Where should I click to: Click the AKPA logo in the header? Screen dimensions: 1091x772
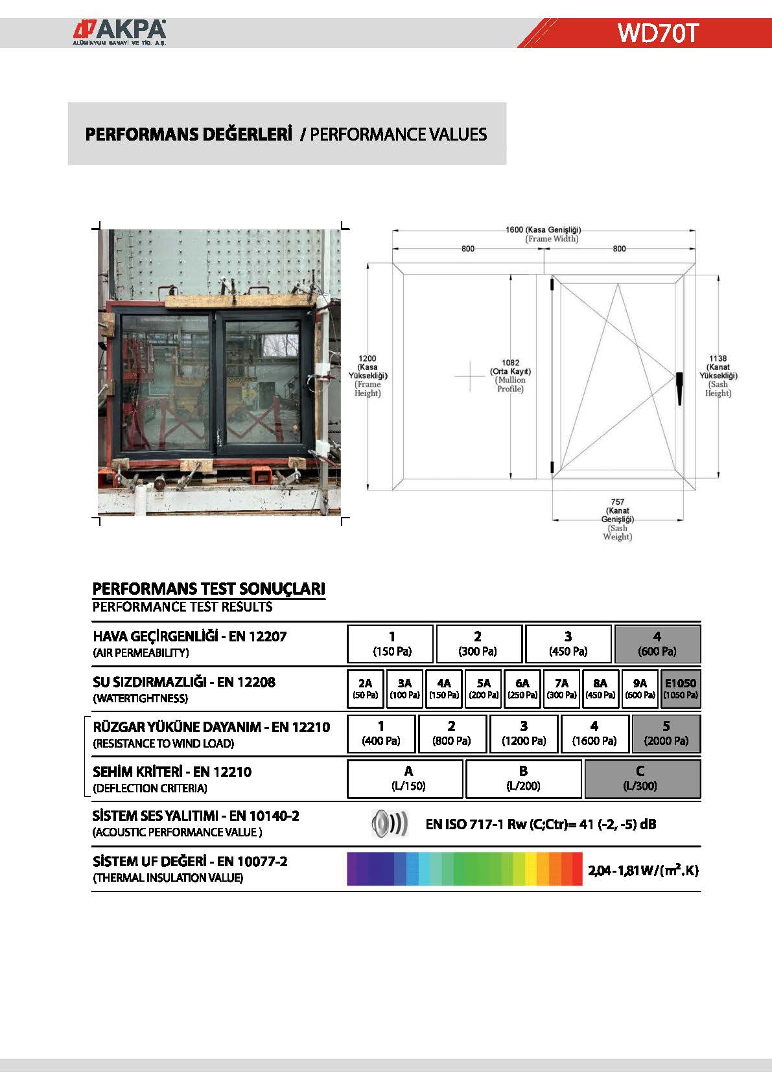119,32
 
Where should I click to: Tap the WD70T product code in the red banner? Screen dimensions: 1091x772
657,32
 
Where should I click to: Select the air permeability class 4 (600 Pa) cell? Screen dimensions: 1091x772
657,644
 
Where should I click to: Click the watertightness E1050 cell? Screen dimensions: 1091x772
680,689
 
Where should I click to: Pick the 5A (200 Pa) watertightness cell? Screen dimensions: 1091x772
484,689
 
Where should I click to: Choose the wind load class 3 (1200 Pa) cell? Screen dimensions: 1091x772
524,733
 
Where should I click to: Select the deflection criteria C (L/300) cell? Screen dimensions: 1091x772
642,778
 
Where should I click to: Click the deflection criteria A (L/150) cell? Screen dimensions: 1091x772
406,778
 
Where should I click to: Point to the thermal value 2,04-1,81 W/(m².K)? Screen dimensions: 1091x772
643,870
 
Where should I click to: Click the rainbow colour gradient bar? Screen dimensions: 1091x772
464,869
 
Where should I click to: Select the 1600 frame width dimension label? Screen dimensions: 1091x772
543,230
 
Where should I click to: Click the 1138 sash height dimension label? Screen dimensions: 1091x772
718,358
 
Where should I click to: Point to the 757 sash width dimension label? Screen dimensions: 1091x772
617,502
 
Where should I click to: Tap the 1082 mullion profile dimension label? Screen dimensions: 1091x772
510,363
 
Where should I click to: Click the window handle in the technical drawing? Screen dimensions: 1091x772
679,387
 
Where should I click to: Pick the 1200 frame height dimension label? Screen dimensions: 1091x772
367,358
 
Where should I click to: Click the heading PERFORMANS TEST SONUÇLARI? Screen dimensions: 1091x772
209,588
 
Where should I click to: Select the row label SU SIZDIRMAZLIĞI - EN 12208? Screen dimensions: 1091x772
184,682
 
